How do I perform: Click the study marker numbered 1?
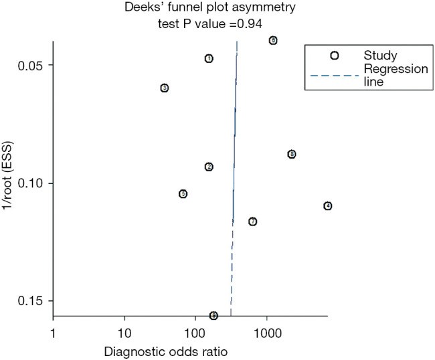pos(209,59)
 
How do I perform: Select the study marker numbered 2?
pos(209,167)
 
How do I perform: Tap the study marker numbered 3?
pos(164,88)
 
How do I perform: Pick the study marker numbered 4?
pos(327,206)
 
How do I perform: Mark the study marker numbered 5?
pos(183,194)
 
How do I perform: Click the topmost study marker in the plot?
pos(273,41)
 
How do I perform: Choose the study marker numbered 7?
pos(252,221)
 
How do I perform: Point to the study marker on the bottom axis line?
pos(213,315)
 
